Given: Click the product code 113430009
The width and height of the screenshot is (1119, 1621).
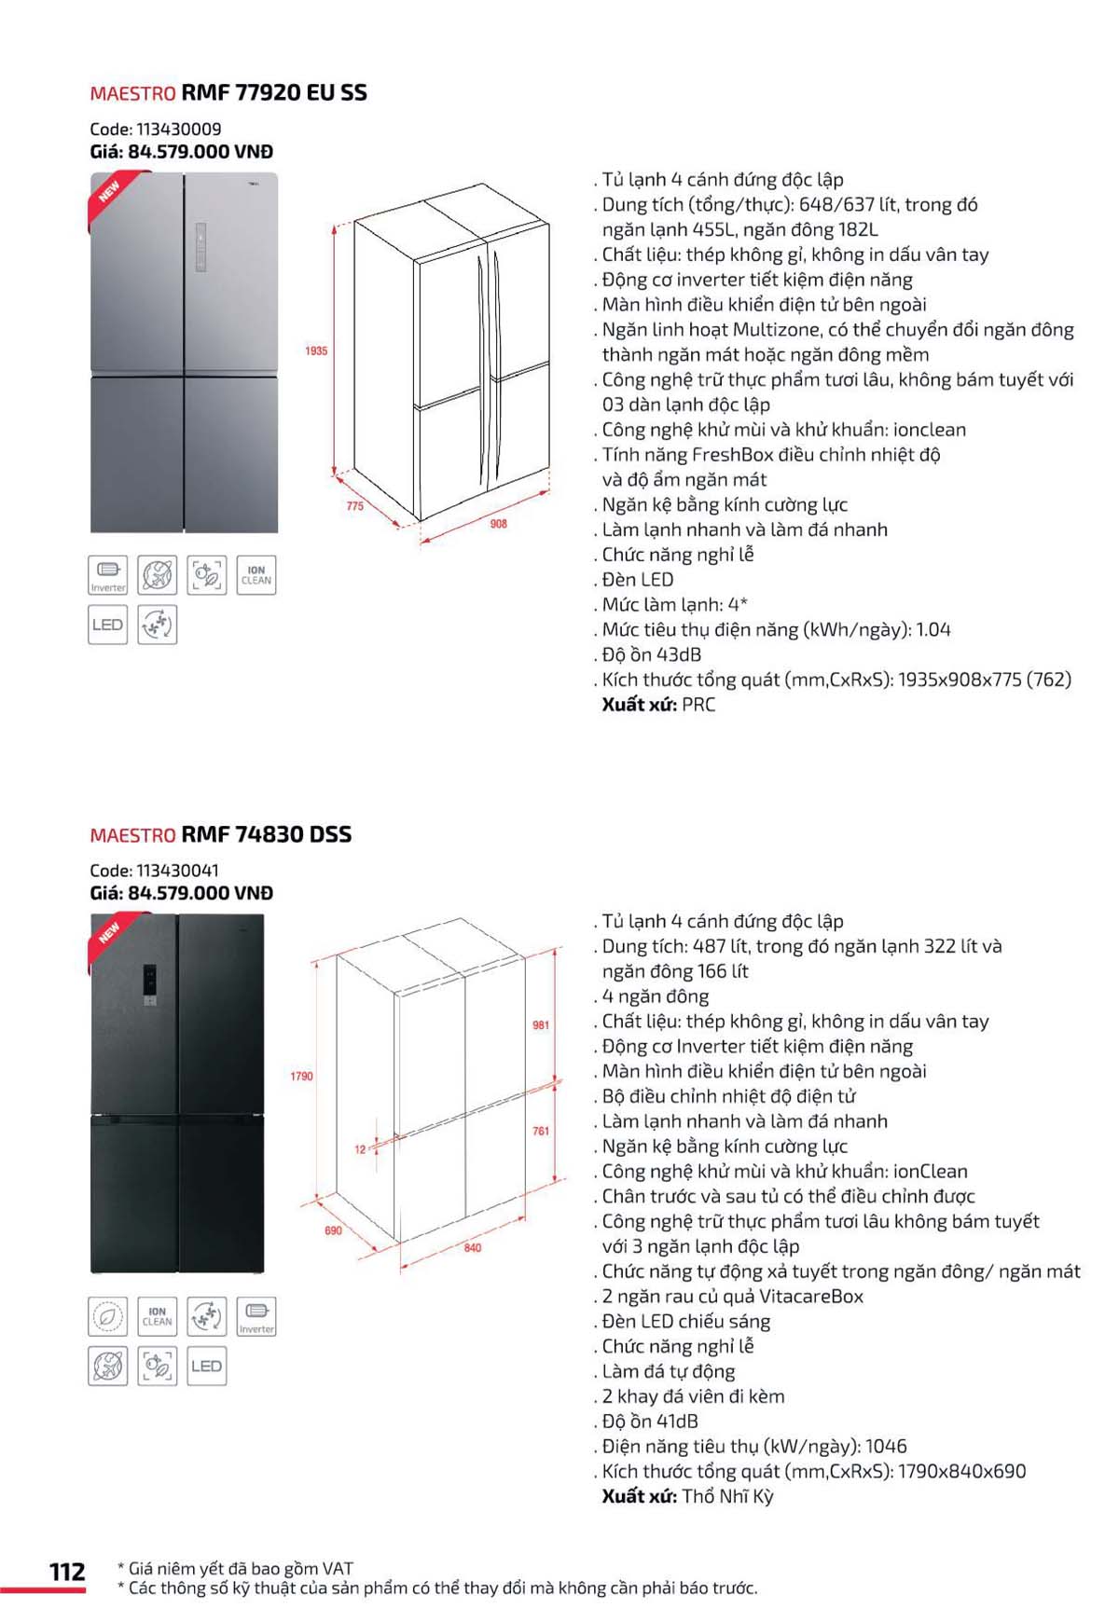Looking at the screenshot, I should click(178, 130).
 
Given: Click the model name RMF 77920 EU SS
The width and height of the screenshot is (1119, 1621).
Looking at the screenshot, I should click(274, 92).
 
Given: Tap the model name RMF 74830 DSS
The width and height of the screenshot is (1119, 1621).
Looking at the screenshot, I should click(267, 834).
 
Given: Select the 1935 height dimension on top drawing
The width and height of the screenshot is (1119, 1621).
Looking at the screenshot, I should click(316, 350).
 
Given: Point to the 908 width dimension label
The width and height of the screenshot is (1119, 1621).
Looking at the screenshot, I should click(499, 524).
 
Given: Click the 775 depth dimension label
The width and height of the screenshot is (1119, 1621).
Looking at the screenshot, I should click(355, 505).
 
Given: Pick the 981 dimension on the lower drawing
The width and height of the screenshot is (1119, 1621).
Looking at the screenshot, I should click(541, 1024).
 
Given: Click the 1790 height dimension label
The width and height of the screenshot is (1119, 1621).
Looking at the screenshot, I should click(301, 1076).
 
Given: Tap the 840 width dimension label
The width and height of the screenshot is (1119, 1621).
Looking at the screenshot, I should click(473, 1247).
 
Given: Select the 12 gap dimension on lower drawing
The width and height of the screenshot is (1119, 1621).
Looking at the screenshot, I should click(361, 1149).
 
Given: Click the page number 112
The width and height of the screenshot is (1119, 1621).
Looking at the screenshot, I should click(67, 1572).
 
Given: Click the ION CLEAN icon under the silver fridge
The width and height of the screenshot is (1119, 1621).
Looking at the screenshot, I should click(256, 575).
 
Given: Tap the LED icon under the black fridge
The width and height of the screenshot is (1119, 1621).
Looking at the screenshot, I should click(206, 1367).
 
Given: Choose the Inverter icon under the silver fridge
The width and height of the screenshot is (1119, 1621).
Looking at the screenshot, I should click(108, 575).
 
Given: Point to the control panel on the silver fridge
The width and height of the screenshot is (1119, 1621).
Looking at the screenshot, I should click(200, 248).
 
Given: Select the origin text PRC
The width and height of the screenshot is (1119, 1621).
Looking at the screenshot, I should click(698, 705).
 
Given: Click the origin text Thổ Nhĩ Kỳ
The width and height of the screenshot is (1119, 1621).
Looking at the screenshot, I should click(727, 1496).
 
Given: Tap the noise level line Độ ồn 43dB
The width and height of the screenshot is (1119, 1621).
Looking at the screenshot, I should click(651, 654).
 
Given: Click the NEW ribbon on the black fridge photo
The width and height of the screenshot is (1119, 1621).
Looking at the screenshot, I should click(110, 932).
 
